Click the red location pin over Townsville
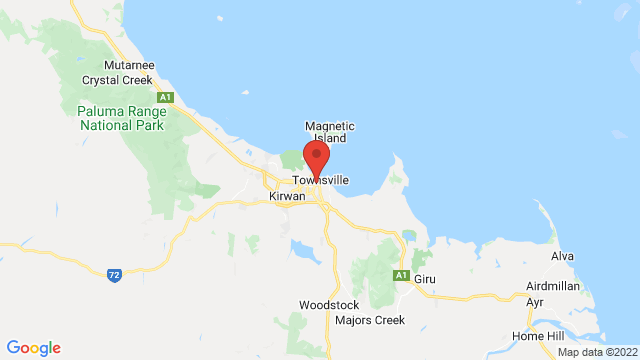point(316,158)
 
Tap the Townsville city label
point(320,180)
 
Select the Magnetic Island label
point(330,133)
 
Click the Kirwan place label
point(286,197)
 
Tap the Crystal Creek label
point(115,80)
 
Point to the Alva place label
point(562,256)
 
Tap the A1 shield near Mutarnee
point(168,97)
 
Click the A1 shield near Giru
point(400,275)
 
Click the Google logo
point(33,348)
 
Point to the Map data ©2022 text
point(596,352)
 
